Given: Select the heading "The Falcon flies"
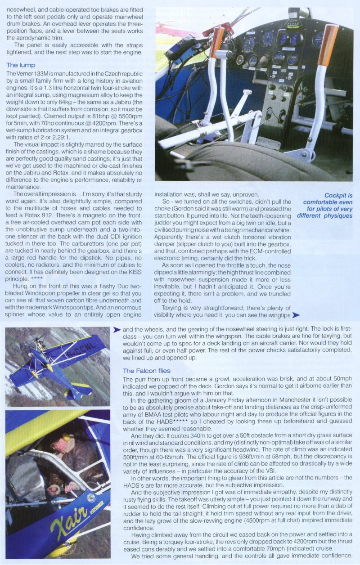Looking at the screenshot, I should [146, 371].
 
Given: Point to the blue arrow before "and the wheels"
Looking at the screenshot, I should [117, 330].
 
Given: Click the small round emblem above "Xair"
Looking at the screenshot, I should [91, 498].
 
